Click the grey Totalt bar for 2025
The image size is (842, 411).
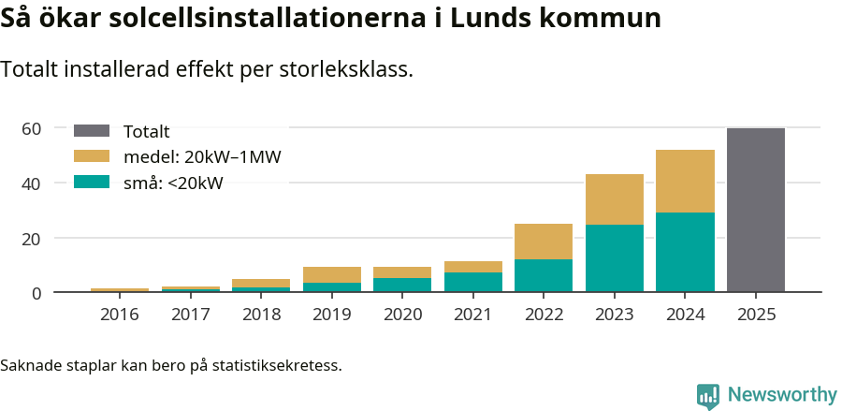click(755, 211)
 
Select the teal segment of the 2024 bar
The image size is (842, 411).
click(685, 253)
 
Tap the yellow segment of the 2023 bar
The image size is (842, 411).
click(615, 199)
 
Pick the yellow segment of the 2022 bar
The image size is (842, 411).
click(544, 242)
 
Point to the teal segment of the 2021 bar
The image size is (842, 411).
click(473, 282)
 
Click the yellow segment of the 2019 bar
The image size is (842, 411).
click(332, 274)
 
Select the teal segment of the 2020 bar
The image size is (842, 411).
click(402, 285)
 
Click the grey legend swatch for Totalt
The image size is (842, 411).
click(92, 131)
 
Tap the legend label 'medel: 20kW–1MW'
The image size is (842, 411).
click(202, 157)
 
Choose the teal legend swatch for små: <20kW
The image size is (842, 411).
click(92, 183)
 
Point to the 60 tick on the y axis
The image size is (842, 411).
click(32, 128)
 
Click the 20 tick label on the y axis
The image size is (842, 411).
click(32, 239)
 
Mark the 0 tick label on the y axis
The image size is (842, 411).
click(36, 293)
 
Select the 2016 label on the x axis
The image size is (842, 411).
click(119, 315)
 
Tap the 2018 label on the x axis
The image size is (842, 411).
click(261, 315)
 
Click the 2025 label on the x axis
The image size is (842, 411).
click(755, 315)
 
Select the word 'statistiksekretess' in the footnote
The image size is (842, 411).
click(276, 364)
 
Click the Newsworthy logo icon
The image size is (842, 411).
click(708, 395)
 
